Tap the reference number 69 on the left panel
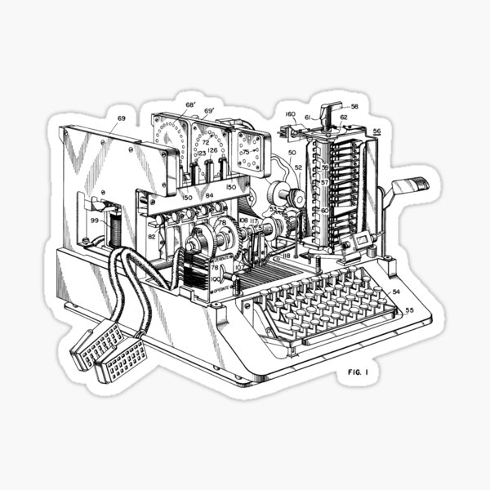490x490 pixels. coord(122,119)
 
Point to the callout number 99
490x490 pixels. coord(95,220)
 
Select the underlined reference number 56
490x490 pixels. coord(376,131)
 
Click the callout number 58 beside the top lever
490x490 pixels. coord(354,107)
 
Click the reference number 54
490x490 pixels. coord(395,291)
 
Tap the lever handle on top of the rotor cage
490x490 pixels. coord(330,109)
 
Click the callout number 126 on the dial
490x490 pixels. coord(212,150)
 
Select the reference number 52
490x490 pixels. coord(298,167)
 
